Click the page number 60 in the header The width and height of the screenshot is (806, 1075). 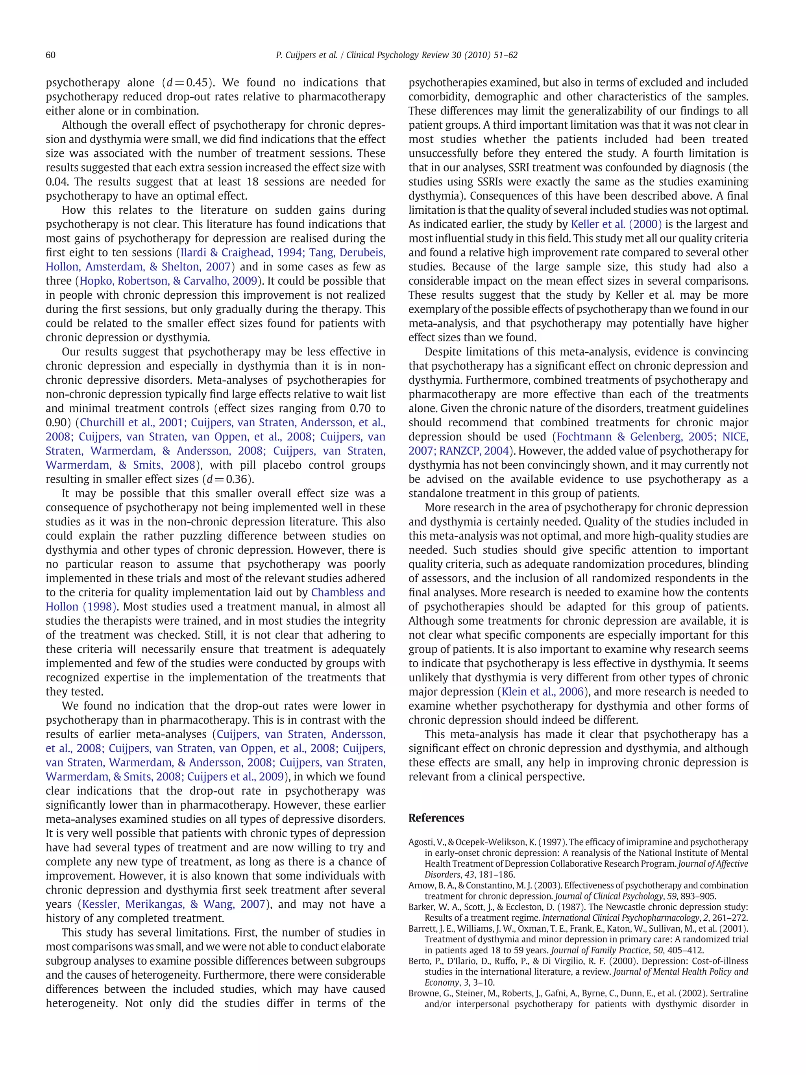tap(50, 55)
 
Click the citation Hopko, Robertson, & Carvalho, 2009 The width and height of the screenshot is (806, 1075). tap(168, 281)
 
